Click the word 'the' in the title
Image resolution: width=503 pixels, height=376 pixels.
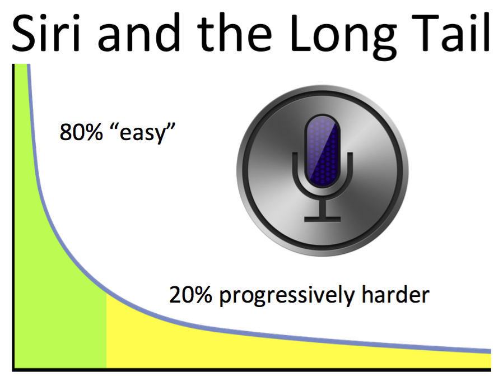235,32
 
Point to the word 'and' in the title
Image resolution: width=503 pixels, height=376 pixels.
138,33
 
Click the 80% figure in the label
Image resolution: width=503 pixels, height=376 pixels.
81,132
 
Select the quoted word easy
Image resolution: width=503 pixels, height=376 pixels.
142,133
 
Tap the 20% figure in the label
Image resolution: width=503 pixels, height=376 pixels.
190,295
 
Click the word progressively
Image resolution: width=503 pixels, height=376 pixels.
287,295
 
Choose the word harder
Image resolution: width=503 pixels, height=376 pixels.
395,294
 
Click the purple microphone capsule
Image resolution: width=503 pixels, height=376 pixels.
323,151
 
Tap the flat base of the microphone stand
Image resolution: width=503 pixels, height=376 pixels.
323,219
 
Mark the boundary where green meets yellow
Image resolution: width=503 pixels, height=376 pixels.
106,331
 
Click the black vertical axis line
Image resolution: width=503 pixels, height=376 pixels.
13,217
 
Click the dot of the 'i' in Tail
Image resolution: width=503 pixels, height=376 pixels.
472,17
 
